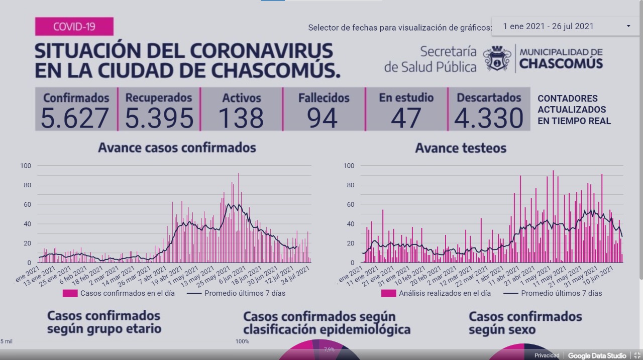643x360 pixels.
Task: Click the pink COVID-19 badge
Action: [x=74, y=26]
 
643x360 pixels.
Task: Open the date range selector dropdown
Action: [x=565, y=26]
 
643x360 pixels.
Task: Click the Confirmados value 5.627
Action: [x=75, y=118]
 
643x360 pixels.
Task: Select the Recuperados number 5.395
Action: [x=159, y=118]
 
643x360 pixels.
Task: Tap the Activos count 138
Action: [x=241, y=118]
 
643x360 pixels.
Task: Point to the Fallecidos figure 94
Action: [x=323, y=118]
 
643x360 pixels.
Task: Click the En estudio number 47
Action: [x=406, y=118]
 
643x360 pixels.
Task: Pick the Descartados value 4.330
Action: [x=488, y=118]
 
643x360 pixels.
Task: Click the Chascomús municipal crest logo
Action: [x=497, y=58]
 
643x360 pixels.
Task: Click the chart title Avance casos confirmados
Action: [x=177, y=148]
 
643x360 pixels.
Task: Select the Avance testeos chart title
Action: [x=461, y=148]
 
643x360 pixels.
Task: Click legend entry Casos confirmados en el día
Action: [x=127, y=293]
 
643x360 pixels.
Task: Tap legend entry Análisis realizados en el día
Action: [x=444, y=293]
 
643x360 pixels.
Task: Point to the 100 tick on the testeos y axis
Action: [x=349, y=166]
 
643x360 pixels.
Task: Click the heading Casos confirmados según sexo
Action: [x=525, y=323]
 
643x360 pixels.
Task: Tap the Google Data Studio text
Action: [x=597, y=355]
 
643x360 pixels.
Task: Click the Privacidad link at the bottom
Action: [x=547, y=355]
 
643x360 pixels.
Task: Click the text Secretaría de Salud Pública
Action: [x=430, y=59]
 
